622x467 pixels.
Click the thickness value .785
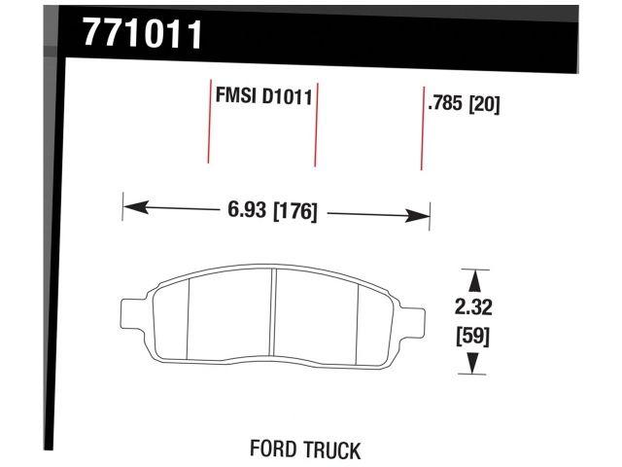click(x=445, y=103)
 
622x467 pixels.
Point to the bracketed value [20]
click(x=484, y=103)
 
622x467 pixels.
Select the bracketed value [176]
click(x=295, y=209)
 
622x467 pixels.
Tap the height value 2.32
click(x=473, y=309)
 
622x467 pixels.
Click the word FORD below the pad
click(x=276, y=450)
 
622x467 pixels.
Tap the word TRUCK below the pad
click(x=333, y=450)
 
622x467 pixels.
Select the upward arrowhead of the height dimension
click(x=473, y=279)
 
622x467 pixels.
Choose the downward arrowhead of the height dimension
click(x=473, y=364)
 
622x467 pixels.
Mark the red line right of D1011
click(x=317, y=125)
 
